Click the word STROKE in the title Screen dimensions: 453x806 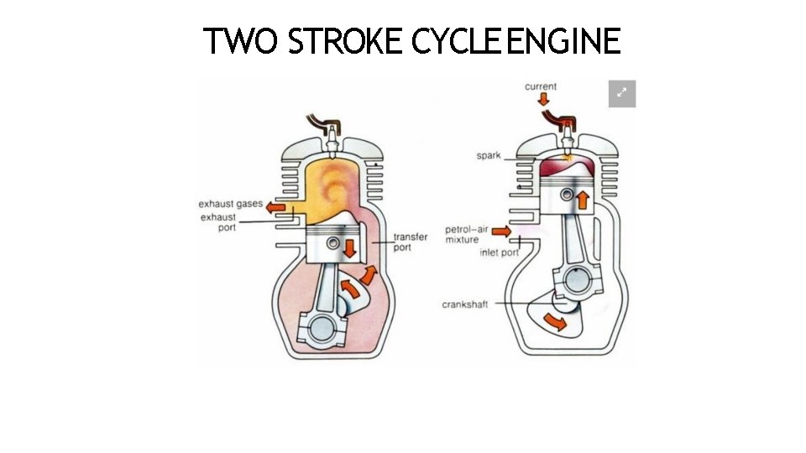point(345,41)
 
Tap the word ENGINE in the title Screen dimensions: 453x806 point(563,41)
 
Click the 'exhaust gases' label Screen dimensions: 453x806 point(230,204)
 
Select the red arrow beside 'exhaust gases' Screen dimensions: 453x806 point(275,206)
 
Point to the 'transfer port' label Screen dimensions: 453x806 point(411,242)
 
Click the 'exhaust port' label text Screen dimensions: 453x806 point(217,222)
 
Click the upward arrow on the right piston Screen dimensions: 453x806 point(579,199)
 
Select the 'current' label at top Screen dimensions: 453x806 point(541,86)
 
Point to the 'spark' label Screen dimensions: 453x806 point(489,156)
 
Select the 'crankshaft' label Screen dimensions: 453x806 point(464,305)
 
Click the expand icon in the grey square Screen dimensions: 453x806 point(622,94)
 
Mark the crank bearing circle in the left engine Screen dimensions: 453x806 point(324,328)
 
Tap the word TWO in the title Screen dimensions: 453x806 point(241,41)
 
